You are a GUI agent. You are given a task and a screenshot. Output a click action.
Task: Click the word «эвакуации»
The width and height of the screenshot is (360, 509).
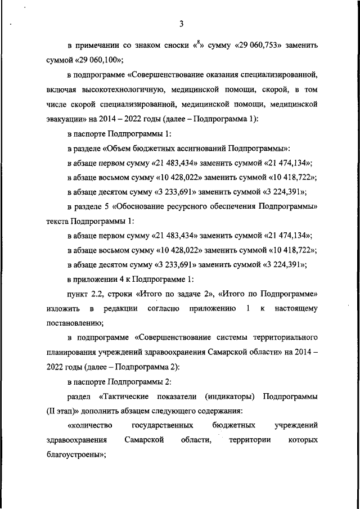tap(64, 119)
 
